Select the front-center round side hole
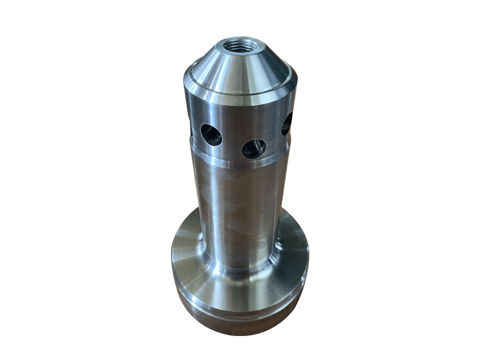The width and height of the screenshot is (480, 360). tap(253, 148)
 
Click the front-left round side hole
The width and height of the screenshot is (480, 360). tap(211, 134)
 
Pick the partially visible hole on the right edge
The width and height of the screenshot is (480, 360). tap(287, 124)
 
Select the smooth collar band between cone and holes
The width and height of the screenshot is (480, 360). tap(240, 111)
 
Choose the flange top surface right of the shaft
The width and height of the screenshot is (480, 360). tap(294, 246)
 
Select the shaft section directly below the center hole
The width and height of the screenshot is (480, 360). tap(252, 192)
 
